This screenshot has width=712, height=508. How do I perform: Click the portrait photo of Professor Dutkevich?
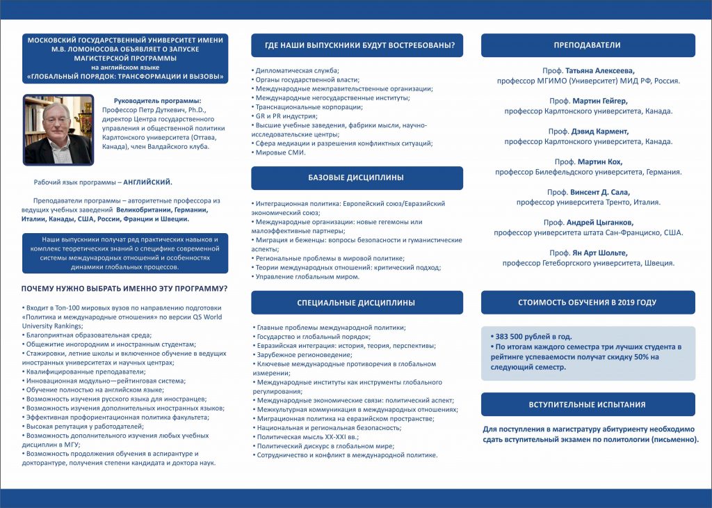[58, 129]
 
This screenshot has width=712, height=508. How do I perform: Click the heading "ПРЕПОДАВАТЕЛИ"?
[588, 46]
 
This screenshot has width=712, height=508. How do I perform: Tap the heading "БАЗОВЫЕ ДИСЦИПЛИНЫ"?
[356, 178]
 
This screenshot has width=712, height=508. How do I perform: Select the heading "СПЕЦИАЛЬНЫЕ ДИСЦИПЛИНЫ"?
[356, 303]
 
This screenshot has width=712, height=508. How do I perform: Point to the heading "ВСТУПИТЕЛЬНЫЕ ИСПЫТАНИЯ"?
[588, 404]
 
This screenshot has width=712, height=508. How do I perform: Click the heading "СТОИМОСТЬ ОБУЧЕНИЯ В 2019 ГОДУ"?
[588, 303]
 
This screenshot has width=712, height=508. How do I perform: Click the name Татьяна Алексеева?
[599, 71]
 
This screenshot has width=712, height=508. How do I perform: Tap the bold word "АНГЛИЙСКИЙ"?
[148, 182]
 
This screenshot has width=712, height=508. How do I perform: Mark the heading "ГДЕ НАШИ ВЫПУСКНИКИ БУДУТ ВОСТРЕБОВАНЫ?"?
[356, 46]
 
